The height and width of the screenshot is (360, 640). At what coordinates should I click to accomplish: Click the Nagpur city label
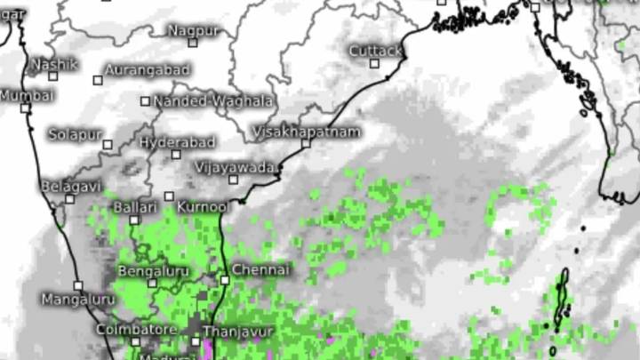(x=192, y=30)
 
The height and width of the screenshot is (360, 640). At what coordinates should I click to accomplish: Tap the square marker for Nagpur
(x=192, y=43)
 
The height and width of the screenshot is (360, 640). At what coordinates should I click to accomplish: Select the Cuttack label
(x=374, y=51)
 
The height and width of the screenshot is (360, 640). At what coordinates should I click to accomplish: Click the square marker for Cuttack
(x=374, y=63)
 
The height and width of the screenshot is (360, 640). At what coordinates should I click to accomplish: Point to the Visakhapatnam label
(x=307, y=132)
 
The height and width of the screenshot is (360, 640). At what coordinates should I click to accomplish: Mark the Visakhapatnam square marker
(x=307, y=143)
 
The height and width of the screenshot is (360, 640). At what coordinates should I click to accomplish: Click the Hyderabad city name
(x=177, y=142)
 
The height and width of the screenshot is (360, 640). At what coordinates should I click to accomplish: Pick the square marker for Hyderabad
(x=176, y=155)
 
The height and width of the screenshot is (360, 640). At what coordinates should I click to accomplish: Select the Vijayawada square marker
(x=234, y=180)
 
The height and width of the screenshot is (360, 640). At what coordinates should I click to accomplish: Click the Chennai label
(x=260, y=268)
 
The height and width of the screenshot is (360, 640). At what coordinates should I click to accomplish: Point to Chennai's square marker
(x=225, y=280)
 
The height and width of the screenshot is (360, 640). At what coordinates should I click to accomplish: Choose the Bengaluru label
(x=153, y=269)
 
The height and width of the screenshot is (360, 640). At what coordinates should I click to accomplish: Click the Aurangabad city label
(x=148, y=69)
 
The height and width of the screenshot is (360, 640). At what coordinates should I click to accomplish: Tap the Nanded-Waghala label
(x=213, y=101)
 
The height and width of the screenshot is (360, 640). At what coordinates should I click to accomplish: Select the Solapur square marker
(x=108, y=145)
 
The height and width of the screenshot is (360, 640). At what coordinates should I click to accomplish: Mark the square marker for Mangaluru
(x=78, y=286)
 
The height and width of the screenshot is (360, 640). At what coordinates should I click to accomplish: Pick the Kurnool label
(x=203, y=206)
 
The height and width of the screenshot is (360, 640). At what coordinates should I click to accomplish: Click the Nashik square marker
(x=53, y=76)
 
